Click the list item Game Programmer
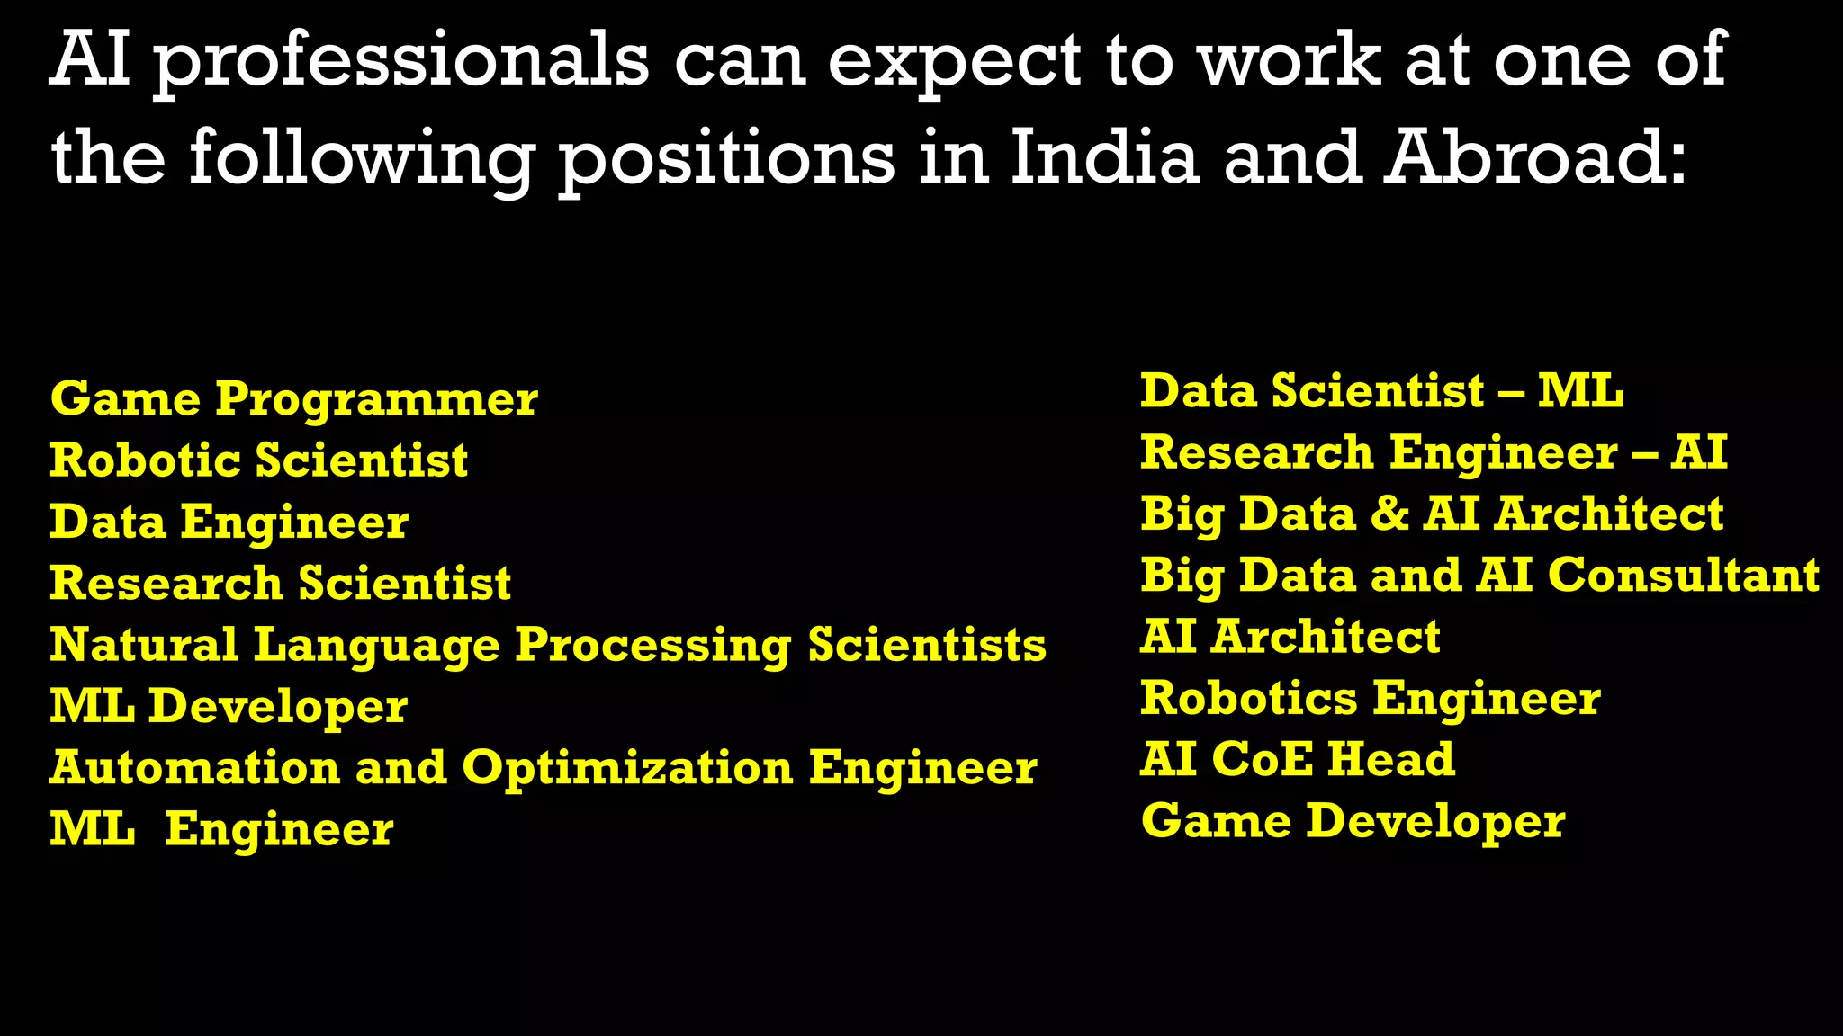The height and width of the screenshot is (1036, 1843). click(293, 399)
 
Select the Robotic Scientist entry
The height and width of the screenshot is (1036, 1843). click(258, 460)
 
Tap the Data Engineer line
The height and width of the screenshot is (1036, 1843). click(229, 522)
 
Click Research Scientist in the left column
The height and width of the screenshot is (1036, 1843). click(280, 583)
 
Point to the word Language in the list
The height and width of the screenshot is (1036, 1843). click(376, 646)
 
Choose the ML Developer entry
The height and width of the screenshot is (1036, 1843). click(229, 706)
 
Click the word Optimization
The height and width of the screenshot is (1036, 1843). click(627, 768)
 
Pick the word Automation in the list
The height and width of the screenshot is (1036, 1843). click(194, 768)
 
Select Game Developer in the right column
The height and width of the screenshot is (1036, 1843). click(1353, 821)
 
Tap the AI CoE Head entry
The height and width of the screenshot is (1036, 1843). click(1297, 759)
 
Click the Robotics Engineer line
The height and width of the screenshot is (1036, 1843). click(1370, 698)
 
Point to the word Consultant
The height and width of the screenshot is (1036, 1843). click(1684, 576)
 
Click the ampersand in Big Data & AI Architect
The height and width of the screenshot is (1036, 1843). click(1389, 514)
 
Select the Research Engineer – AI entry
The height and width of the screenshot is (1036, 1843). click(1433, 452)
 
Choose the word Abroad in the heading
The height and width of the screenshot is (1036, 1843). click(1534, 158)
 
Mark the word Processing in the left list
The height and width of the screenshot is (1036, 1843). click(652, 646)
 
